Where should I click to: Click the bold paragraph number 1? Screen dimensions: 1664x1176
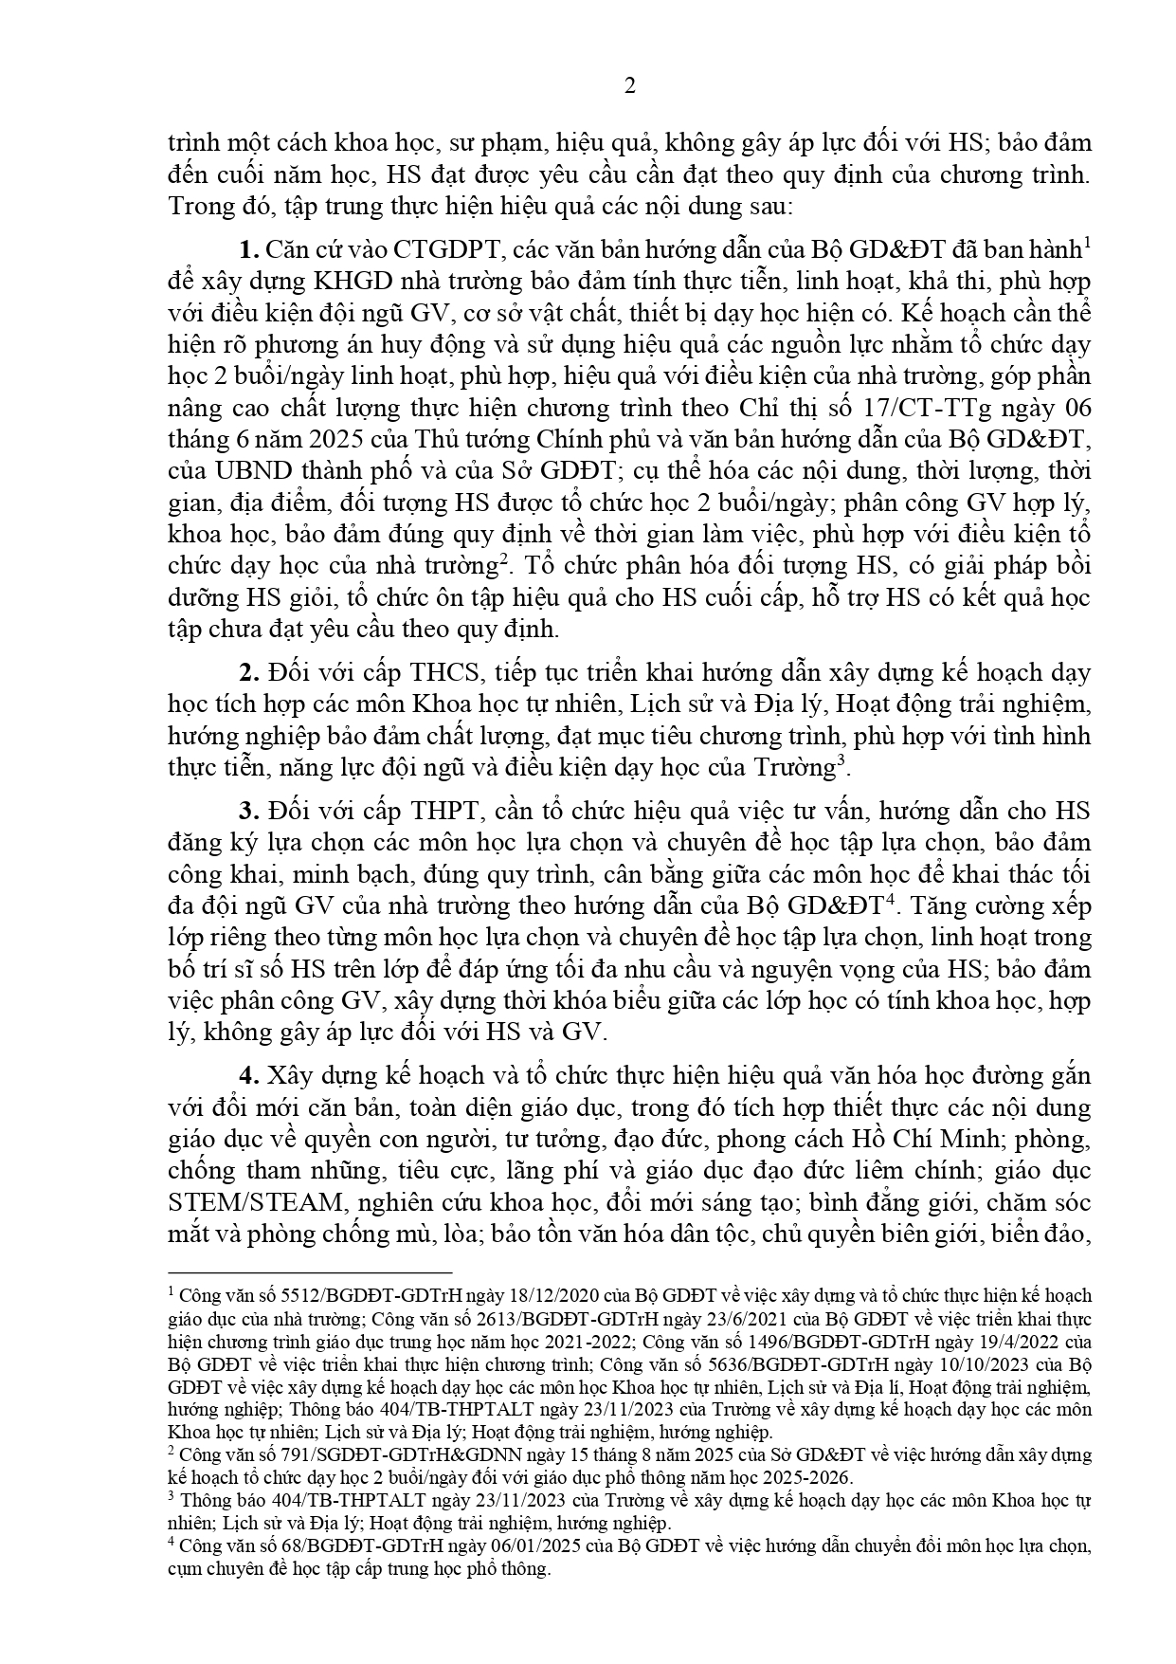coord(249,250)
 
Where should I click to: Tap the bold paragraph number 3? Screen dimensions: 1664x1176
coord(249,811)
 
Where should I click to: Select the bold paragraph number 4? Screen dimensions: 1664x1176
coord(249,1076)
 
